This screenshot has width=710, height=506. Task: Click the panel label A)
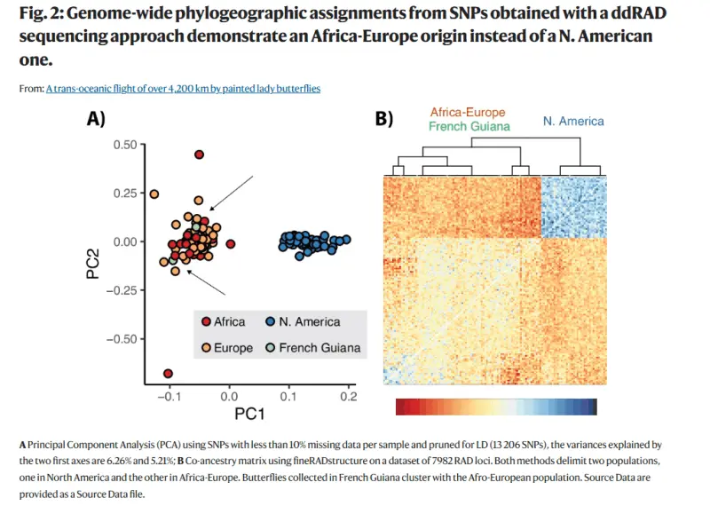tap(97, 118)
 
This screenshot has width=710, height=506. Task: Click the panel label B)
tap(383, 118)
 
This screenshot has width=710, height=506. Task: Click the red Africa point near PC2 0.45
tap(200, 154)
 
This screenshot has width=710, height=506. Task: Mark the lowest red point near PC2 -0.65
tap(169, 373)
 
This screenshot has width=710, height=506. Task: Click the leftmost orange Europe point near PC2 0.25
tap(154, 194)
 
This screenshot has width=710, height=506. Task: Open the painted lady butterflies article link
tap(183, 89)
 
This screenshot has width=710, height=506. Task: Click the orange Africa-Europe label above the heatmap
tap(467, 113)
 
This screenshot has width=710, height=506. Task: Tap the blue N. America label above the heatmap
tap(572, 121)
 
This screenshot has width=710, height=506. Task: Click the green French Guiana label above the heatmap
tap(469, 127)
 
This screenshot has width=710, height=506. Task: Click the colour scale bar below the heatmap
tap(496, 407)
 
